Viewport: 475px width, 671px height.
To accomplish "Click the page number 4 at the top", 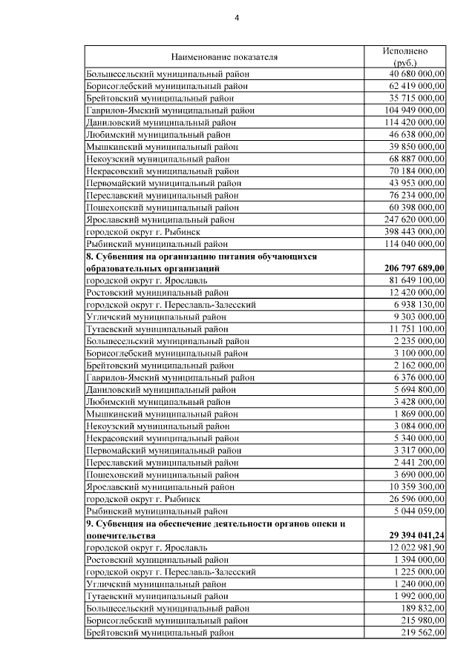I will click(237, 17).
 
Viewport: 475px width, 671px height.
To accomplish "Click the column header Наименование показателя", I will click(223, 56).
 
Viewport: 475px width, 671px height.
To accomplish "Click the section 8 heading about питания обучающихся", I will click(201, 262).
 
